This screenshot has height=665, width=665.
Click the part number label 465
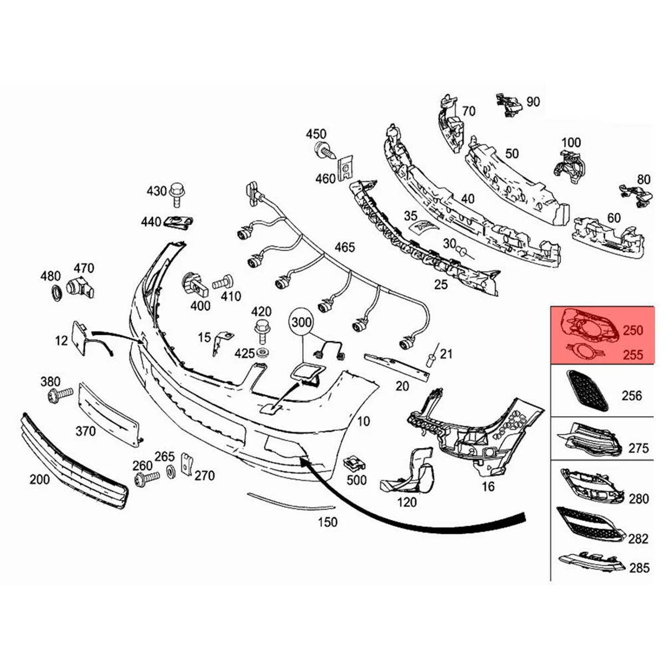(x=345, y=248)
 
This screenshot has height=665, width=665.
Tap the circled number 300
(x=302, y=321)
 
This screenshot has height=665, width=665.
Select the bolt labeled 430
(x=177, y=191)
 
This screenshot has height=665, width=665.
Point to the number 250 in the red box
(x=632, y=330)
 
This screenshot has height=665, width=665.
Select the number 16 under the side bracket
(x=488, y=487)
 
